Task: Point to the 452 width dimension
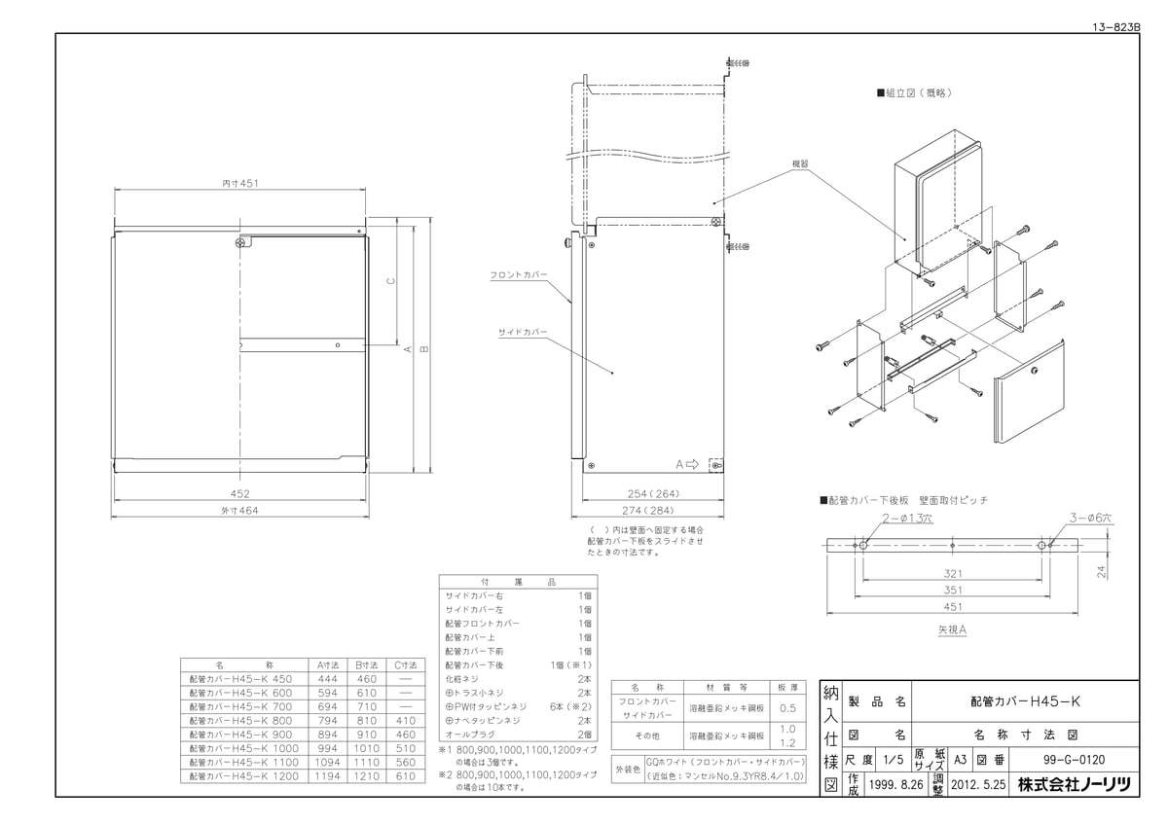[x=239, y=493]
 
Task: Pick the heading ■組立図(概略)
[x=913, y=94]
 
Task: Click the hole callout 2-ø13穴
[x=907, y=520]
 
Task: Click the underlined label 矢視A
[x=950, y=629]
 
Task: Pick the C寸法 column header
[x=404, y=664]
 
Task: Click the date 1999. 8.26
[x=895, y=784]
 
